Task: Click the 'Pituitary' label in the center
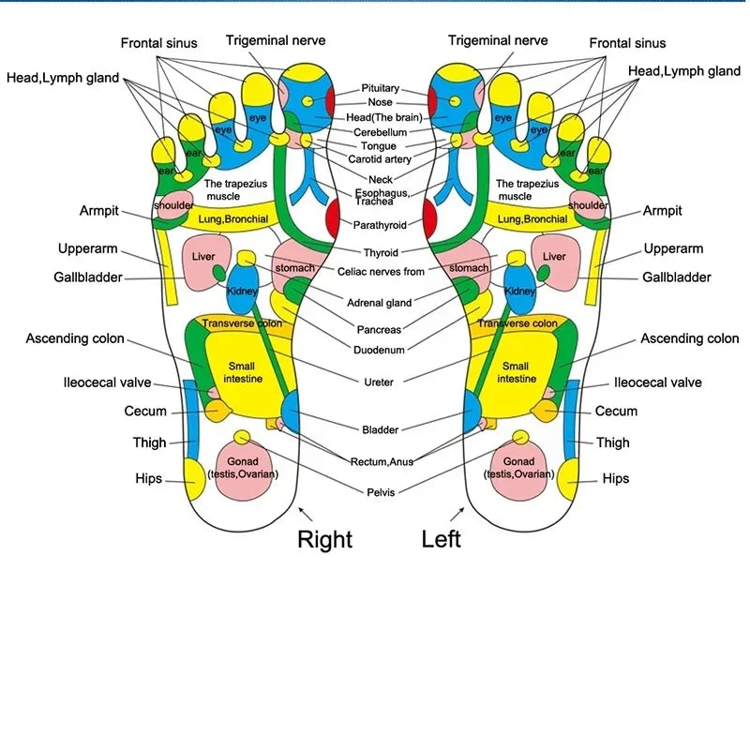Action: click(x=381, y=88)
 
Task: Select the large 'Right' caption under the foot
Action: click(x=324, y=539)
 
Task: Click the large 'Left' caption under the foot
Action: click(x=441, y=539)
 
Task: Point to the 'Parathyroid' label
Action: click(x=380, y=225)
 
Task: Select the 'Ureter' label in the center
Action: click(x=379, y=382)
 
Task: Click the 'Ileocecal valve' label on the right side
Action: click(x=657, y=382)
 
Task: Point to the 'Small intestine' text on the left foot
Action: click(x=516, y=372)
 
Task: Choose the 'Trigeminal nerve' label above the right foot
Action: click(x=276, y=40)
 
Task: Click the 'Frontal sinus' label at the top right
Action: click(x=627, y=43)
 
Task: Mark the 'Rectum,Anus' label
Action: click(x=382, y=461)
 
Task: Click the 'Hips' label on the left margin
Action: click(x=149, y=478)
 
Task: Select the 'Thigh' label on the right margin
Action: click(x=613, y=442)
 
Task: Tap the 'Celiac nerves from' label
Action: click(x=381, y=271)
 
